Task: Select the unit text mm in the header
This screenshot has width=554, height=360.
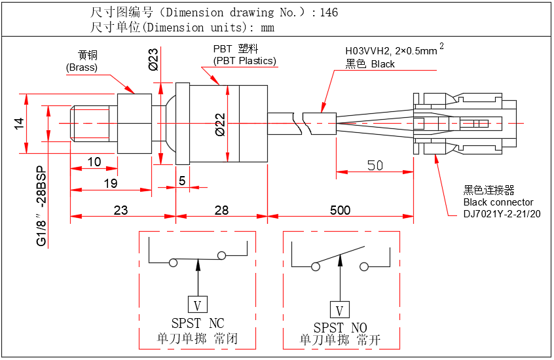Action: pos(267,27)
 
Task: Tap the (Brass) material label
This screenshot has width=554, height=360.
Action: pos(82,67)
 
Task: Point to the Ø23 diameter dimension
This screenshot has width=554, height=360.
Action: pos(153,59)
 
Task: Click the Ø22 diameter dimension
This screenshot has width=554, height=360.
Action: pos(221,124)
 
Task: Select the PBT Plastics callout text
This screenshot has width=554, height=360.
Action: pos(244,61)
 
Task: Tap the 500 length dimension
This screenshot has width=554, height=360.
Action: pos(340,210)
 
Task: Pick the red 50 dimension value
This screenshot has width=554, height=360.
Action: pos(375,165)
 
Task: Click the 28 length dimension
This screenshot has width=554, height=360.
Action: pos(221,210)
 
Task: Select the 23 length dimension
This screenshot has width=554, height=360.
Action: pos(120,210)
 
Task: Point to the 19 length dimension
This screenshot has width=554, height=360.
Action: pos(110,184)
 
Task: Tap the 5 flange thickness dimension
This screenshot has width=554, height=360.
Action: pos(182,181)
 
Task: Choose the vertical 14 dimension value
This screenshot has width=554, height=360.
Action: pos(20,124)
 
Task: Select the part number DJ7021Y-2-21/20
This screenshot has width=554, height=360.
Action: pos(502,214)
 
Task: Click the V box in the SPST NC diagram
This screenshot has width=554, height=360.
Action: pos(198,304)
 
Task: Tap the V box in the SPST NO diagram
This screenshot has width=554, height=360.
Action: pos(339,310)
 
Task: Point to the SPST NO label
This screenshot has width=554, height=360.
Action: pos(340,328)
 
